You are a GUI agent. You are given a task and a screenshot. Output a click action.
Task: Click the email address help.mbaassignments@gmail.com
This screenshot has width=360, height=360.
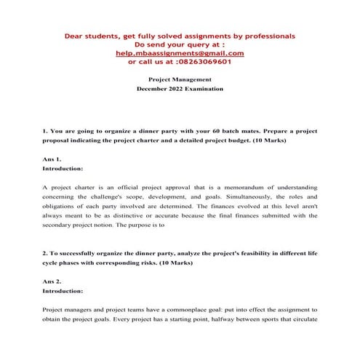(x=180, y=53)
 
